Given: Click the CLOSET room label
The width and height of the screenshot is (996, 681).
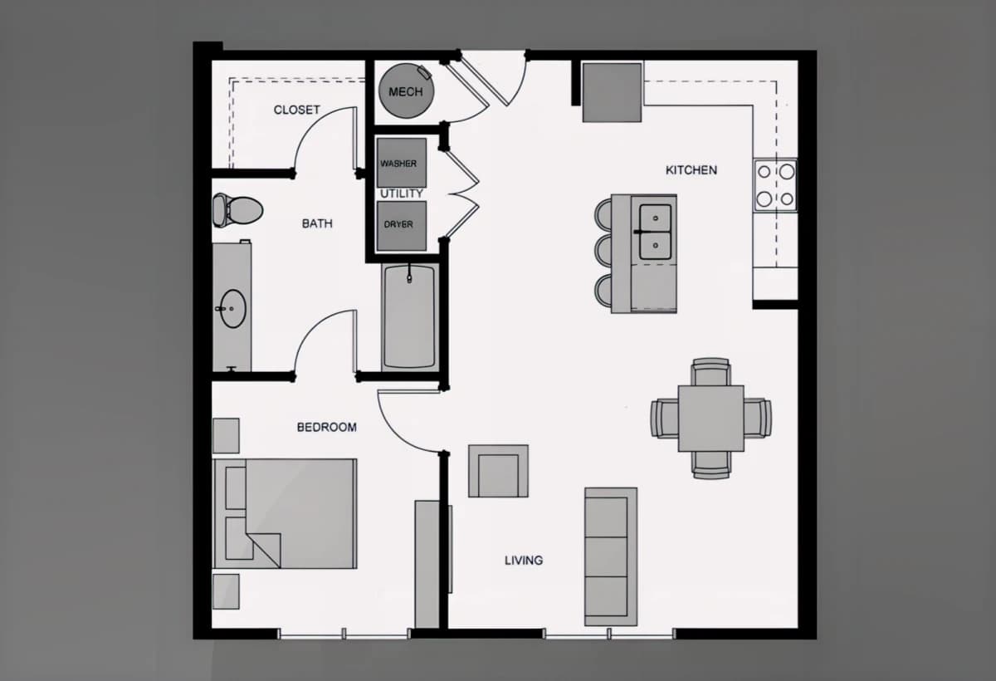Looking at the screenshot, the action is coord(296,110).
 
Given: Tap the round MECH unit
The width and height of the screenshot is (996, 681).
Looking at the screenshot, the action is coord(406,91).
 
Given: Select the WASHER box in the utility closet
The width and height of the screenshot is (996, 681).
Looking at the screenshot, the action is coord(402,163).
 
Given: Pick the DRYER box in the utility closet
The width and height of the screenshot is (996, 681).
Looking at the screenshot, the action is coord(402,226).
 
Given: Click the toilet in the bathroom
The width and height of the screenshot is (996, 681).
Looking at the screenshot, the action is coord(237,210).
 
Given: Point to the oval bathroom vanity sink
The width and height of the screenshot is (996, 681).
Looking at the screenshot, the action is coord(233,308).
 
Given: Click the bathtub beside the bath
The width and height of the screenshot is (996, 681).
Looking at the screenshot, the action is coord(409,316).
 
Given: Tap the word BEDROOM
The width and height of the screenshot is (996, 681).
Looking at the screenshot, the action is coord(327,427).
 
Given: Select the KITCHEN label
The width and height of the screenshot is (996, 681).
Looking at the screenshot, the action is coord(691,170).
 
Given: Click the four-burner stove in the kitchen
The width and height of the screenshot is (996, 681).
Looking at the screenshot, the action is coord(775,184).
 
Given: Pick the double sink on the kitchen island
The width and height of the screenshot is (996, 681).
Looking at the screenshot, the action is coord(656,232).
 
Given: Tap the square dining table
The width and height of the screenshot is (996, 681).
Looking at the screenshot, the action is coord(711,419).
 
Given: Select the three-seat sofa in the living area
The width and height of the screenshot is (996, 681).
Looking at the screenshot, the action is coord(611,556).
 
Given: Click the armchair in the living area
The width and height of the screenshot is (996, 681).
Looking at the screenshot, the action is coord(499,471).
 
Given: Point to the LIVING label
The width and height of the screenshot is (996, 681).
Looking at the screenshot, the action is coord(524,560).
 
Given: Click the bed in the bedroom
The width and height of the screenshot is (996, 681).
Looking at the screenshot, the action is coord(285,514).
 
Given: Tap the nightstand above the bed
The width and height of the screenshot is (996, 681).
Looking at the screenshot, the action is coord(226,435).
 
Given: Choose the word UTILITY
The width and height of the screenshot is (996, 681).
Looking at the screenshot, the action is coord(402,194).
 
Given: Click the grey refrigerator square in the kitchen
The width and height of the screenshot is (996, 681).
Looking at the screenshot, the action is coord(613,92).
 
